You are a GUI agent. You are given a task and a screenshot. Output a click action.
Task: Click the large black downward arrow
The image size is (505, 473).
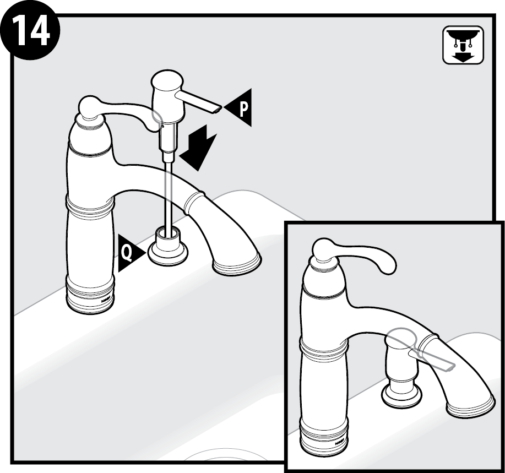pyautogui.click(x=197, y=148)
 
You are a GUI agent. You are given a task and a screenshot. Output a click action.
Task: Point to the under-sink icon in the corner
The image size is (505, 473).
pyautogui.click(x=464, y=45)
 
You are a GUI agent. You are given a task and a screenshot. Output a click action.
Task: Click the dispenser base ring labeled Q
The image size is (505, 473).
pyautogui.click(x=167, y=251)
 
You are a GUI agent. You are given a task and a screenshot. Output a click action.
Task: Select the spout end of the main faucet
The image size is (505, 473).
pyautogui.click(x=237, y=263)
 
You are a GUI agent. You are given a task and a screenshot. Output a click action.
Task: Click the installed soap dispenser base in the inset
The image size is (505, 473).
pyautogui.click(x=401, y=396)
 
